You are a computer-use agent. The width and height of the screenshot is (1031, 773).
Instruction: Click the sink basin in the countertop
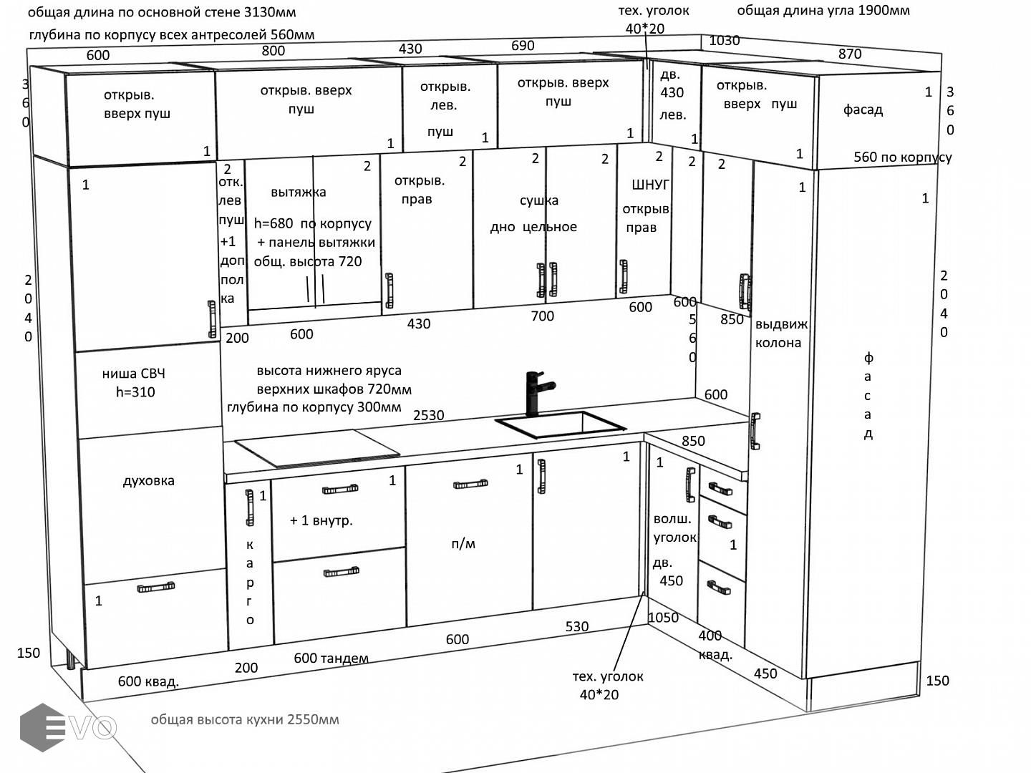coord(560,425)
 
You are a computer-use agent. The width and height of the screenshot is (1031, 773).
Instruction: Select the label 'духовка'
coord(148,481)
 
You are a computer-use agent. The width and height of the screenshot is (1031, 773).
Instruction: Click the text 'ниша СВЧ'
coord(133,374)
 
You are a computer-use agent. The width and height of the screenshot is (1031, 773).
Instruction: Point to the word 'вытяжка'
coord(298,193)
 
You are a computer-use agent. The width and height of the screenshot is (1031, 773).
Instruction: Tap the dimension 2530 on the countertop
coord(428,415)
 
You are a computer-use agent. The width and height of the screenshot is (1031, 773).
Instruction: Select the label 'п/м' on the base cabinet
coord(463,544)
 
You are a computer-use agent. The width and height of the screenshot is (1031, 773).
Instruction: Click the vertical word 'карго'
coord(250,582)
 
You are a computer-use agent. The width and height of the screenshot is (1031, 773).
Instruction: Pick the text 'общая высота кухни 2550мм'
coord(245,719)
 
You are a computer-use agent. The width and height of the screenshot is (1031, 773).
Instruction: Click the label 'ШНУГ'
coord(650,185)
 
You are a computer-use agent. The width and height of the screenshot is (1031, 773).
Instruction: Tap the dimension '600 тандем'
coord(331,658)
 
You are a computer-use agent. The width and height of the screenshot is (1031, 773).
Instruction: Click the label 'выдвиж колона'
coord(780,334)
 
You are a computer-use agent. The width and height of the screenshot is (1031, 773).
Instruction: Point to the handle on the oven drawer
coord(156,588)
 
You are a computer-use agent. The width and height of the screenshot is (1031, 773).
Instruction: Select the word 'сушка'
coord(538,200)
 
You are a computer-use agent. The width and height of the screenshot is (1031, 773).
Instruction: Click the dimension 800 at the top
coord(273,51)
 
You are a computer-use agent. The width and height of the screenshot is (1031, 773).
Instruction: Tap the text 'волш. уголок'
coord(674,528)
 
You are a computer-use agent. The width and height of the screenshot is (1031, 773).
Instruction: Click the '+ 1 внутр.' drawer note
coord(321,521)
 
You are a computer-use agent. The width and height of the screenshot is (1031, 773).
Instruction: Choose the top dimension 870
coord(849,54)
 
